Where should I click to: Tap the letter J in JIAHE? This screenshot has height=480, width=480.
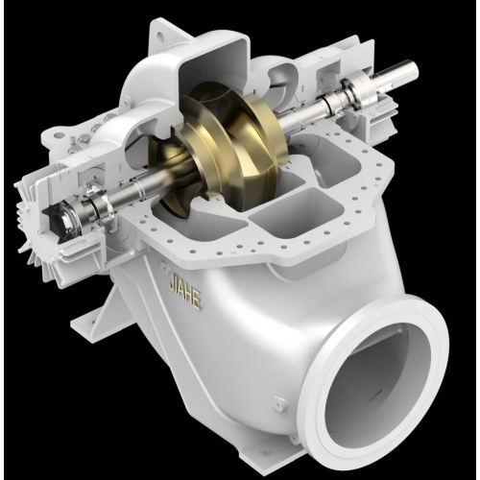[173, 285]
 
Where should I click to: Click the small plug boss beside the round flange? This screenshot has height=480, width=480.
[279, 402]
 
